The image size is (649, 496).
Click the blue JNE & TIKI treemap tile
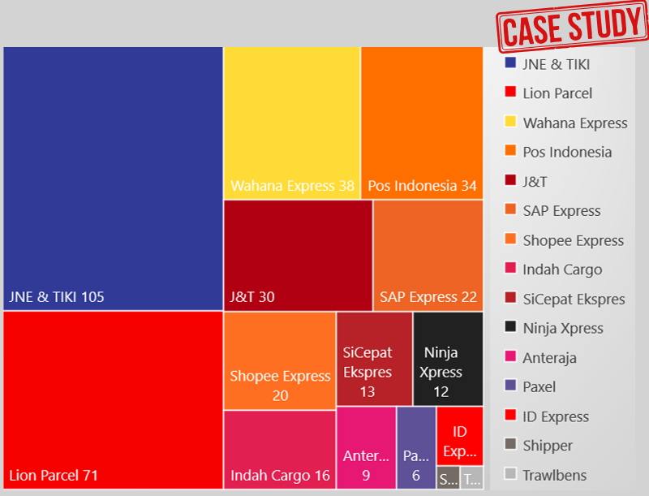point(113,178)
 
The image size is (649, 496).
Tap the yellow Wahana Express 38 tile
point(292,122)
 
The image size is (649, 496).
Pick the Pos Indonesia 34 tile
point(422,122)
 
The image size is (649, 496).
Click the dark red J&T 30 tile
point(298,255)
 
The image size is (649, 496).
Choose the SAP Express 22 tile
point(428,255)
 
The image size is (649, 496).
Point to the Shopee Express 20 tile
point(280,360)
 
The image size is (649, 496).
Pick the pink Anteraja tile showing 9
point(366,448)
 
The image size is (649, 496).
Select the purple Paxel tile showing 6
point(416,448)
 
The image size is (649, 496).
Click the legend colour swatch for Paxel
point(510,386)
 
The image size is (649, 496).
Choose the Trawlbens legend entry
point(554,475)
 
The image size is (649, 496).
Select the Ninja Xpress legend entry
point(562,328)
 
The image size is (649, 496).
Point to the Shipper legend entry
point(548,445)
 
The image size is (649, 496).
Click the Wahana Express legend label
point(575,123)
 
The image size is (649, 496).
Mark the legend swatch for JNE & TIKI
point(510,63)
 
